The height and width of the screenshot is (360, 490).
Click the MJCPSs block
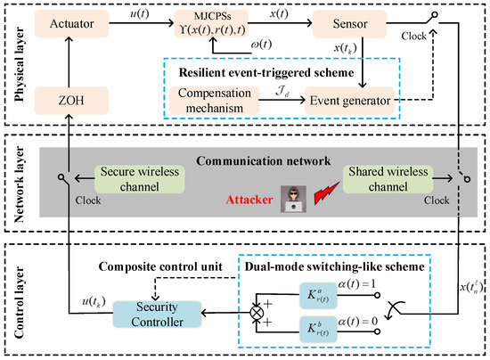click(x=220, y=29)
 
